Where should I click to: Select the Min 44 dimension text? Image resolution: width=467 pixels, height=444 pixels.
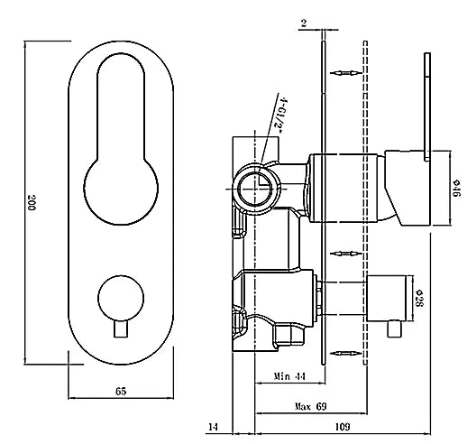(x=288, y=375)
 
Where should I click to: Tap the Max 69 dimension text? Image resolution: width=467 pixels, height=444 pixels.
(x=310, y=407)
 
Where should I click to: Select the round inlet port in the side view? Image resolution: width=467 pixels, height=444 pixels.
(x=252, y=188)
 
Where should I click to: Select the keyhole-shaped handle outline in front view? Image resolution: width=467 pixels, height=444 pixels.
(x=120, y=144)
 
